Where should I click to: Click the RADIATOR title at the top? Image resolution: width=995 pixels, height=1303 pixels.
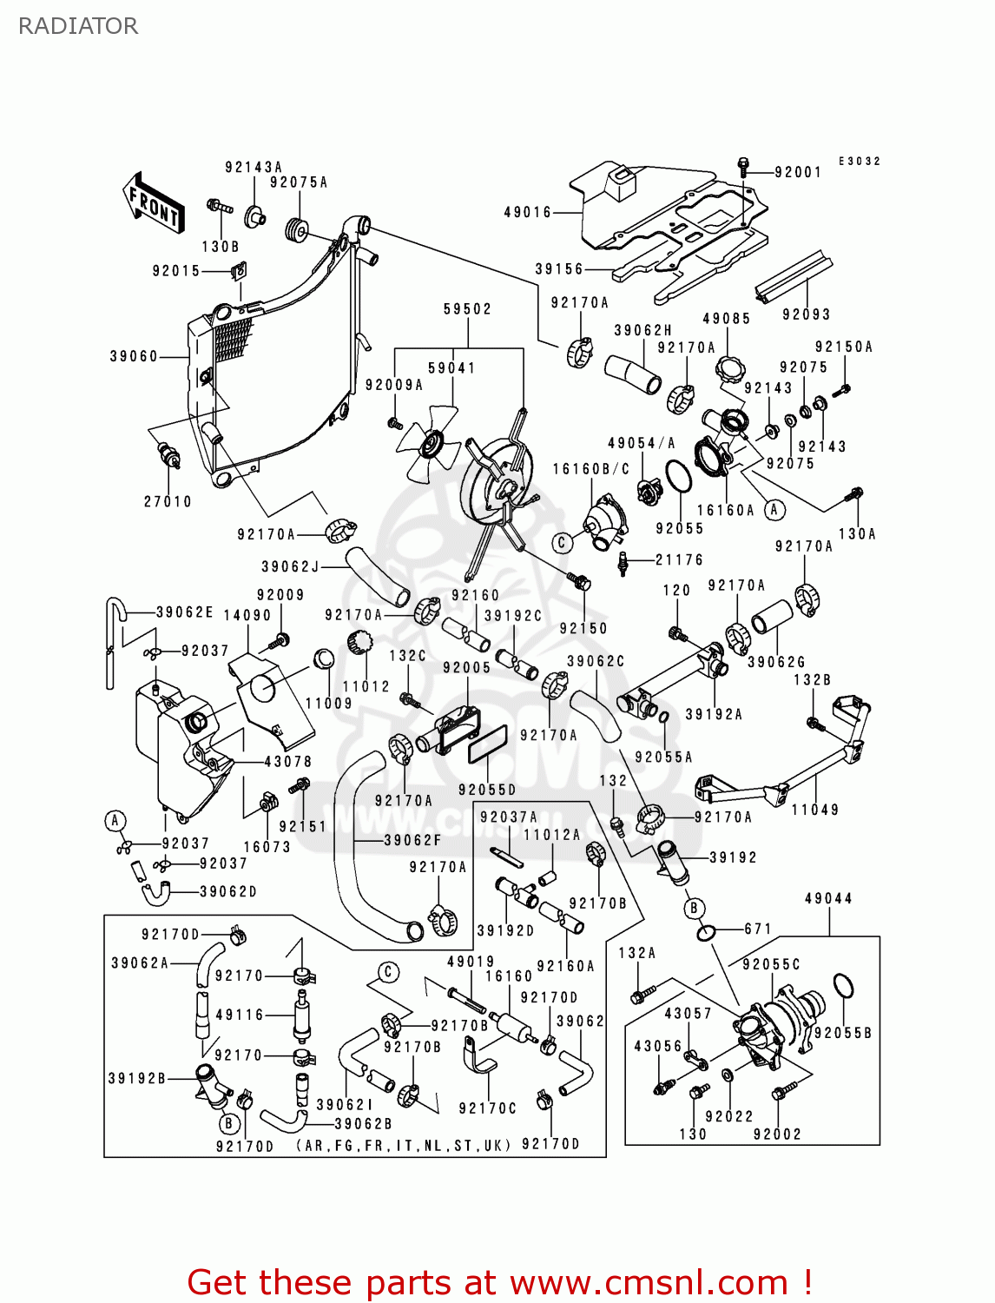click(78, 26)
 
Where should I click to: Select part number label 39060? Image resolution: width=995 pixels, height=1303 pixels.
click(134, 356)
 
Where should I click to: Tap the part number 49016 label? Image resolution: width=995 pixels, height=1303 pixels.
click(527, 212)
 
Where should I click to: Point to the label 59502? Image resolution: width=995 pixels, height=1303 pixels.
click(467, 309)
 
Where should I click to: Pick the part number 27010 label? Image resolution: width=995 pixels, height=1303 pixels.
click(168, 501)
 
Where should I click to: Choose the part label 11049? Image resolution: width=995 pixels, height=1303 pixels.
click(814, 810)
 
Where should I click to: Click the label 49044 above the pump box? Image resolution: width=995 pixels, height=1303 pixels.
click(828, 898)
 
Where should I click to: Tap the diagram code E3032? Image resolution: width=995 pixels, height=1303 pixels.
click(859, 162)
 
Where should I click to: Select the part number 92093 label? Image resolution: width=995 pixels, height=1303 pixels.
click(806, 314)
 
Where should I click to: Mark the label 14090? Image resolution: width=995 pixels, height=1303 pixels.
click(247, 615)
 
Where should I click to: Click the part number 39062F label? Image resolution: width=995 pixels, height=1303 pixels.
click(412, 840)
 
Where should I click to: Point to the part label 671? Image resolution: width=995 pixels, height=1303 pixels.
click(758, 929)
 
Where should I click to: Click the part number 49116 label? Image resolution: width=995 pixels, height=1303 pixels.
click(239, 1014)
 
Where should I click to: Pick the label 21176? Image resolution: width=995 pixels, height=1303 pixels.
click(679, 560)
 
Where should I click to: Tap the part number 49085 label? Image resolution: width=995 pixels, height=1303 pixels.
click(726, 319)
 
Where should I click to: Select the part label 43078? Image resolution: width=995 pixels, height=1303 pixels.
click(287, 762)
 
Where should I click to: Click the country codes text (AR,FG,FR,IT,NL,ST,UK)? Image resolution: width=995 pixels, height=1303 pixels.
click(404, 1146)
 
